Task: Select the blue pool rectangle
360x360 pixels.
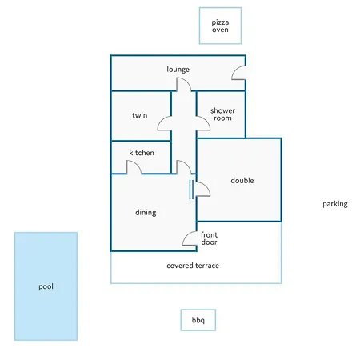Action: point(46,286)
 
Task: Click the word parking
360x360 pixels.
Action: point(335,204)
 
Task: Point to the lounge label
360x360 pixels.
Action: point(178,70)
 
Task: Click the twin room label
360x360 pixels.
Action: point(140,115)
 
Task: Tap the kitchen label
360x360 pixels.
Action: point(142,153)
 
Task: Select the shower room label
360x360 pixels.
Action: point(222,114)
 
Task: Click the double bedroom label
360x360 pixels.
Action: point(242,181)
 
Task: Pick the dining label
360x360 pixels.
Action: point(146,213)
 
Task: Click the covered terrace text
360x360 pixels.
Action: point(193,266)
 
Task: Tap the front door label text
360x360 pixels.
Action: point(209,238)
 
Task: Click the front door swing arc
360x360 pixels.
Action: point(185,236)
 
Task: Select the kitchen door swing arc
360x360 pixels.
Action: point(138,165)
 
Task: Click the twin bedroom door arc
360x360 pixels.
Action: point(160,122)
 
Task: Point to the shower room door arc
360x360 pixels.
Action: point(207,122)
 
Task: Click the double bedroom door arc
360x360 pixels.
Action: point(207,187)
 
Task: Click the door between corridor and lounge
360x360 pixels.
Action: point(188,82)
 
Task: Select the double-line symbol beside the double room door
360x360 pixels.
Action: point(191,190)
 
